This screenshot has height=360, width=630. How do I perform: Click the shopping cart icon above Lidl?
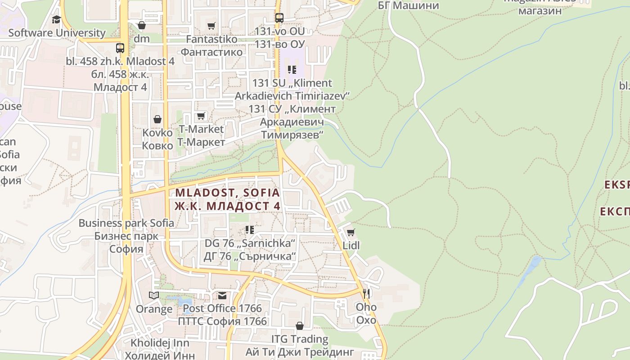pyautogui.click(x=351, y=232)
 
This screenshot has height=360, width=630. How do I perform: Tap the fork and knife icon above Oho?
pyautogui.click(x=366, y=294)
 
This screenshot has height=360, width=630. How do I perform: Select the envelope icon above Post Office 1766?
pyautogui.click(x=222, y=295)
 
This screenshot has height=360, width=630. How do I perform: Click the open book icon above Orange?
pyautogui.click(x=154, y=295)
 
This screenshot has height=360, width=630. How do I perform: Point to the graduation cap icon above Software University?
pyautogui.click(x=56, y=19)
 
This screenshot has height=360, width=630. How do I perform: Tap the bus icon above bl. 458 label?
pyautogui.click(x=120, y=48)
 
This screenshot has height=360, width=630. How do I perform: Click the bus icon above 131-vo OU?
pyautogui.click(x=279, y=18)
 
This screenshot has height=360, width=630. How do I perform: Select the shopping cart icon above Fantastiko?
pyautogui.click(x=211, y=26)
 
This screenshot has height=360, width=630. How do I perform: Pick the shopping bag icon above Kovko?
pyautogui.click(x=157, y=119)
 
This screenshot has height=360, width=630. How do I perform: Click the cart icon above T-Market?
pyautogui.click(x=201, y=116)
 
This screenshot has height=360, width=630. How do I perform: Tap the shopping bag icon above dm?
pyautogui.click(x=142, y=25)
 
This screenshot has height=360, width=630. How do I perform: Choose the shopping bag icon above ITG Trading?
pyautogui.click(x=300, y=325)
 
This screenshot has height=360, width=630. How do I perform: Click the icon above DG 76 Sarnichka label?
pyautogui.click(x=250, y=230)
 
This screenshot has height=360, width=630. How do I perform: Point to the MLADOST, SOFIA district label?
pyautogui.click(x=227, y=193)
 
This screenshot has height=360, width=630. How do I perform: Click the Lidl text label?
pyautogui.click(x=351, y=246)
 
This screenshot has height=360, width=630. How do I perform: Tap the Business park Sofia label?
pyautogui.click(x=126, y=223)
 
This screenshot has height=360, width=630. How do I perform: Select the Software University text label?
pyautogui.click(x=57, y=33)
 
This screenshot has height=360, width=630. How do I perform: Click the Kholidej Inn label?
pyautogui.click(x=160, y=343)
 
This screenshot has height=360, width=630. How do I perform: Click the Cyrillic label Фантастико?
pyautogui.click(x=211, y=52)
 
